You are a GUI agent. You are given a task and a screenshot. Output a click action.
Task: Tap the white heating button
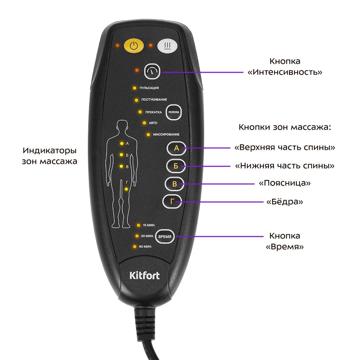[x=167, y=46]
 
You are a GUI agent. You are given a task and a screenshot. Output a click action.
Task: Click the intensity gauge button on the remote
[x=152, y=71]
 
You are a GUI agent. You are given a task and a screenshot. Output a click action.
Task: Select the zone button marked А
[x=176, y=148]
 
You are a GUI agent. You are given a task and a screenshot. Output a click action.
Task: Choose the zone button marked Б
[x=176, y=166]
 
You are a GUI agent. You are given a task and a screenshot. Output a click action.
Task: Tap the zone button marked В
[x=175, y=184]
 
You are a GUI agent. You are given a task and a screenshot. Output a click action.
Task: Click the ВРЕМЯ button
[x=165, y=237]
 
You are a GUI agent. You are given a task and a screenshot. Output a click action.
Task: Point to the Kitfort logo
[x=144, y=275]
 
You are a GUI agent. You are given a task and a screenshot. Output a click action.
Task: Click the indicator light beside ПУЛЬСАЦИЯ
[x=135, y=88]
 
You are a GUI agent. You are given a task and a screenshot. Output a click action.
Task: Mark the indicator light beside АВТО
[x=144, y=123]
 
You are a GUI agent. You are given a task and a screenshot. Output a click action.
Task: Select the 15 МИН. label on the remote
[x=149, y=225]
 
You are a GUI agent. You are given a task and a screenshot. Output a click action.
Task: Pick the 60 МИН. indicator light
[x=135, y=247]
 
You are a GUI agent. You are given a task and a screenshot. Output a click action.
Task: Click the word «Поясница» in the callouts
[x=285, y=183]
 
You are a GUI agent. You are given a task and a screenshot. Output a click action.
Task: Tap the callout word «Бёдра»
[x=285, y=202]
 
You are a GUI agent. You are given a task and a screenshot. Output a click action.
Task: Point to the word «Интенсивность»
[x=285, y=72]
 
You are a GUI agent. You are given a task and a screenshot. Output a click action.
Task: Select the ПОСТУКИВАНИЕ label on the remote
[x=154, y=100]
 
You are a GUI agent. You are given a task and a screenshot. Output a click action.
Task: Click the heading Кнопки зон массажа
[x=285, y=127]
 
